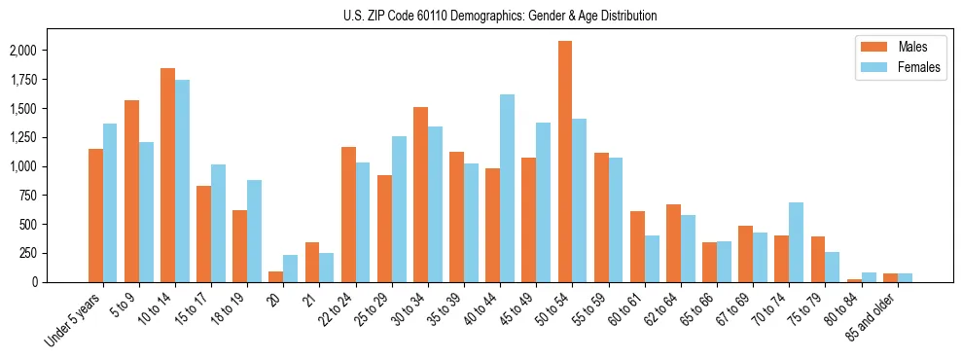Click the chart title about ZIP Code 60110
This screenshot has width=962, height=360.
point(500,16)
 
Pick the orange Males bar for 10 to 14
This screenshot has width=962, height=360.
point(168,175)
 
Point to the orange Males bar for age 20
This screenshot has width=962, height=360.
point(276,276)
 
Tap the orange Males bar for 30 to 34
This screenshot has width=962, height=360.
point(420,195)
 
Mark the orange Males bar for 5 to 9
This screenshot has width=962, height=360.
point(132,191)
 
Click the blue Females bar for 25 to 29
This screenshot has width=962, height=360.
point(399,209)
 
